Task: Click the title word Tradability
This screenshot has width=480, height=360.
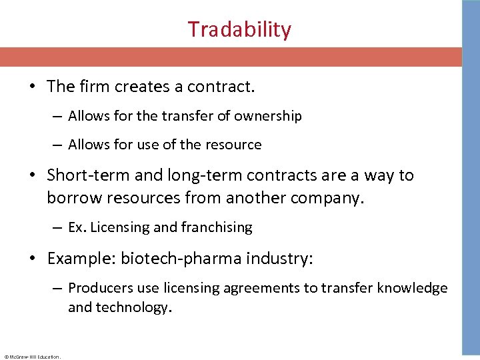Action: click(239, 30)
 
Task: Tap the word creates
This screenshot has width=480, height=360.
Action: click(142, 87)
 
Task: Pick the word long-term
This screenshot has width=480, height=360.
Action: click(187, 175)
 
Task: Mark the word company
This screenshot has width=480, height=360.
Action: click(328, 198)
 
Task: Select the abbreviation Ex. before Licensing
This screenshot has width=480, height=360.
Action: click(77, 227)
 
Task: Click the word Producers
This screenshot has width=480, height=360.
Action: click(98, 288)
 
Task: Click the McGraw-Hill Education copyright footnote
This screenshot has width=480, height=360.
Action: click(31, 357)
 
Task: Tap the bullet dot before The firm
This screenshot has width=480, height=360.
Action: click(34, 87)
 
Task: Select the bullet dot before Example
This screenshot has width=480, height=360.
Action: click(34, 259)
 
